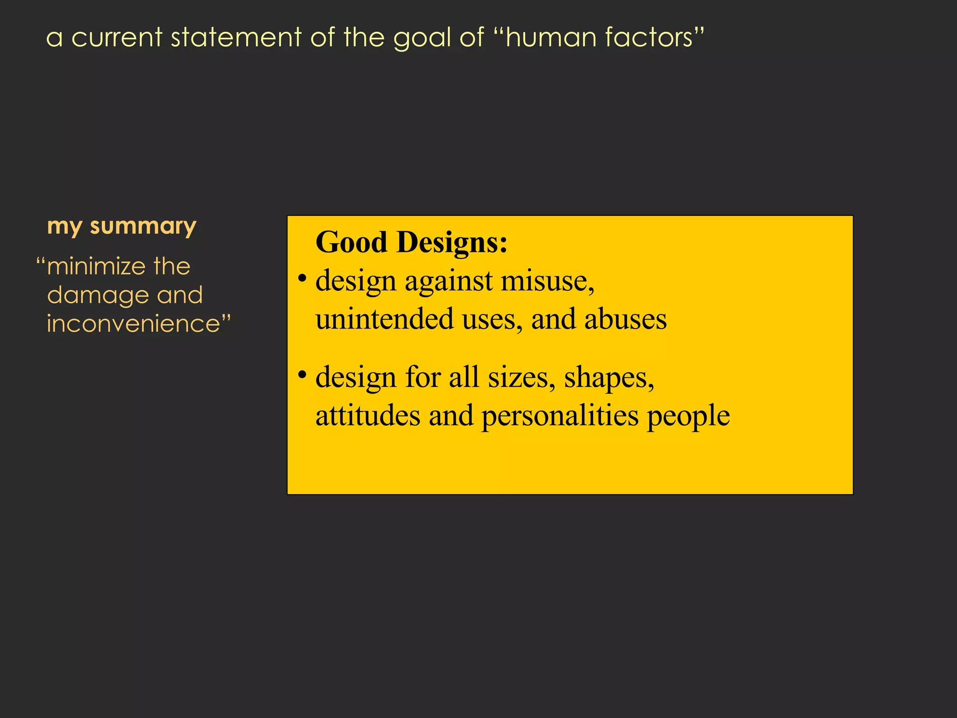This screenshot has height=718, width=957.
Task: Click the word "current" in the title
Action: tap(117, 37)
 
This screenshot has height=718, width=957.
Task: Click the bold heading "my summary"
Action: tap(121, 227)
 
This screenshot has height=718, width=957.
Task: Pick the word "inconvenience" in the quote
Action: tap(133, 323)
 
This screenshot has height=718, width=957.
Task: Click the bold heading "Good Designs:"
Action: tap(411, 242)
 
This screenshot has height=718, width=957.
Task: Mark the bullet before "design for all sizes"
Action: tap(302, 374)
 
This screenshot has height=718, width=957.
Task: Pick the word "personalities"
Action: tap(559, 416)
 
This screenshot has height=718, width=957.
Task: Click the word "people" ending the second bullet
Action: tap(688, 416)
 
